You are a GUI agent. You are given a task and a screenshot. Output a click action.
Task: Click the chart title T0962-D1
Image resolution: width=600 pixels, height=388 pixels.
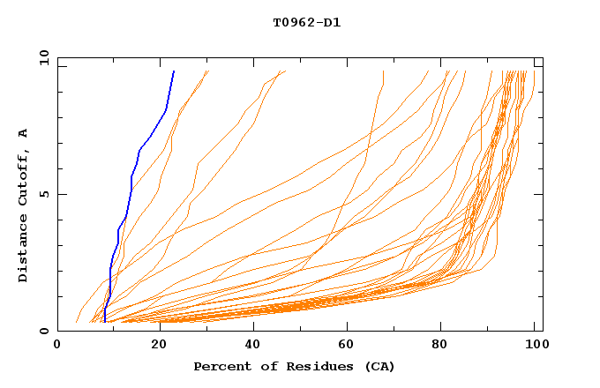click(x=306, y=23)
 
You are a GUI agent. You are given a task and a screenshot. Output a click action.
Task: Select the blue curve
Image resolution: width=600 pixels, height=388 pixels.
click(x=131, y=176)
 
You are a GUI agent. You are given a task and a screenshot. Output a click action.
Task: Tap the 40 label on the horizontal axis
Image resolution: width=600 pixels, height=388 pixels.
click(x=253, y=347)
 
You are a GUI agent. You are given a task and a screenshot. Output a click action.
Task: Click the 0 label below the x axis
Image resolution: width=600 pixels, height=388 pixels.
click(x=58, y=347)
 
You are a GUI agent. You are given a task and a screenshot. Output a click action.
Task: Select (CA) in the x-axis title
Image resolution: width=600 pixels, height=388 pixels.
click(x=378, y=366)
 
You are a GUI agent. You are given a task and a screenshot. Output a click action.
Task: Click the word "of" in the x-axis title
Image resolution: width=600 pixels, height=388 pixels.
click(x=260, y=366)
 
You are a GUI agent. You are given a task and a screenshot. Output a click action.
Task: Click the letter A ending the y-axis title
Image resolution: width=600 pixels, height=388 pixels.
click(x=24, y=132)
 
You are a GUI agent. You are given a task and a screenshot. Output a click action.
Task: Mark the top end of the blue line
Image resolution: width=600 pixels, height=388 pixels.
click(x=174, y=71)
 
